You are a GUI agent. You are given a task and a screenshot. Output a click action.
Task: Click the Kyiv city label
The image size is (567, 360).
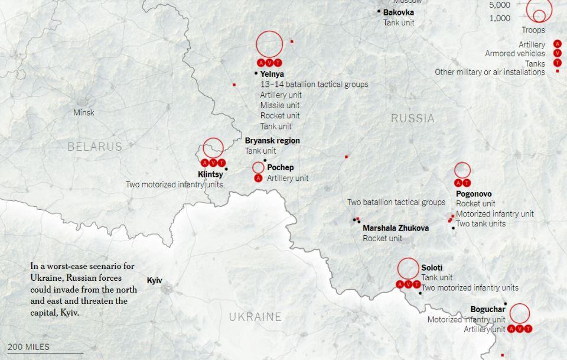[154, 281]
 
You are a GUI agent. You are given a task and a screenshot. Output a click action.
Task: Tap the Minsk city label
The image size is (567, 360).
[84, 112]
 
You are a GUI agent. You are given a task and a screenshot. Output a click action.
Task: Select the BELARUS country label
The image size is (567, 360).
[94, 147]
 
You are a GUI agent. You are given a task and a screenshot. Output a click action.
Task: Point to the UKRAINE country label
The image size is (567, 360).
[255, 317]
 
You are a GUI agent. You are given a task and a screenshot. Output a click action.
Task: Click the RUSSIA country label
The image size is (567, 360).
[412, 119]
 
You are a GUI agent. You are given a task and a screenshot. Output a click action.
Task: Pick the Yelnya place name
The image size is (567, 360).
[272, 74]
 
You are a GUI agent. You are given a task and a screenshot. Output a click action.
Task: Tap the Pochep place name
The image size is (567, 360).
[280, 167]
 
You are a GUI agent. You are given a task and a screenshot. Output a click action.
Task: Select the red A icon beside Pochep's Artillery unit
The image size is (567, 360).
[258, 178]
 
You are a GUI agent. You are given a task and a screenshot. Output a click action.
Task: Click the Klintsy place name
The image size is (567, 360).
[210, 174]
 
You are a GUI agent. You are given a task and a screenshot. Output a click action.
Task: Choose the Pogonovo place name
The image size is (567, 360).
[474, 194]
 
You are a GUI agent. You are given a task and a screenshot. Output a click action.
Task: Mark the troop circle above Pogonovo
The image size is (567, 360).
[462, 170]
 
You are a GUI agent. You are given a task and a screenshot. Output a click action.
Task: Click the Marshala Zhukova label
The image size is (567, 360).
[396, 228]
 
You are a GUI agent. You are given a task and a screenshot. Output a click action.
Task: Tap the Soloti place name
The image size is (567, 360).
[432, 268]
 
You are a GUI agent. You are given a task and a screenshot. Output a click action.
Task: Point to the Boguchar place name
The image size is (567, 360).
[488, 309]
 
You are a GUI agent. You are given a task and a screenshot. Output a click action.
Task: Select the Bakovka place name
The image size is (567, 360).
[399, 12]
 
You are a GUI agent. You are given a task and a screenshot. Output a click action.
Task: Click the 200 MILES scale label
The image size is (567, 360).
[29, 347]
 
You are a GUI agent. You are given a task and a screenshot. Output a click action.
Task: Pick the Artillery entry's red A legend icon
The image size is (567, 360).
[557, 44]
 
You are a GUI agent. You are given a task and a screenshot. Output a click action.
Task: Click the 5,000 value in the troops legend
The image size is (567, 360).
[500, 5]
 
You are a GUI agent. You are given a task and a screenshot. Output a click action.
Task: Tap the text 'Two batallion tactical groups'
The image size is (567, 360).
[396, 202]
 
